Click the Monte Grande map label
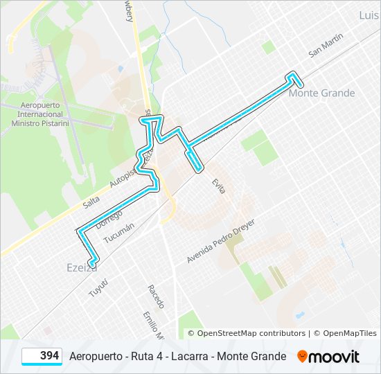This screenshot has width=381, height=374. (321, 93)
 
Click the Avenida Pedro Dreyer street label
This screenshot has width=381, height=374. (221, 241)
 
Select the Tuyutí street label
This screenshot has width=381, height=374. (98, 288)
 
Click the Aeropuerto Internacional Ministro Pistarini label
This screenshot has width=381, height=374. (41, 114)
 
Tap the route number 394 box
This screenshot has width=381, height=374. (42, 356)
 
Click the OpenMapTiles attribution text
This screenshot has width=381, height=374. (349, 333)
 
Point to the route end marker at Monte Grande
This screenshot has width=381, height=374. (299, 84)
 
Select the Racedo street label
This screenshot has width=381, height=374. (156, 296)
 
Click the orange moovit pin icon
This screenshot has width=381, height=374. (302, 357)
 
